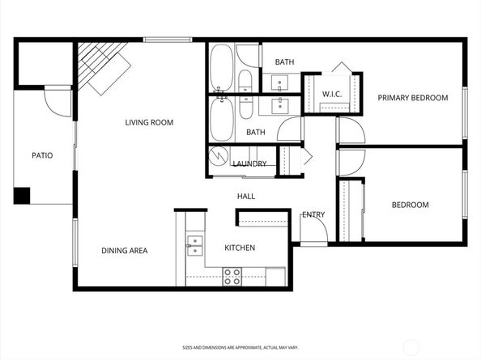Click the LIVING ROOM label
(149, 122)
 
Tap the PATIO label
(42, 155)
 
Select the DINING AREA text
(125, 251)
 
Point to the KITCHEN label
(240, 248)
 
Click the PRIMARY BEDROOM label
(413, 98)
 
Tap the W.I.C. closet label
(332, 94)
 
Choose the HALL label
(246, 196)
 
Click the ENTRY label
(313, 214)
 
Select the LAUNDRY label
(249, 163)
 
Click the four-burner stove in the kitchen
(232, 277)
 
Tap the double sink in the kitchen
(195, 246)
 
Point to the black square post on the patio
(22, 196)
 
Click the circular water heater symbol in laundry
(219, 156)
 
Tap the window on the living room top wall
(168, 40)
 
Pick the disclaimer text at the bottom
(240, 347)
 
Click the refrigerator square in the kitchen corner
(276, 277)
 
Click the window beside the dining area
(74, 243)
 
